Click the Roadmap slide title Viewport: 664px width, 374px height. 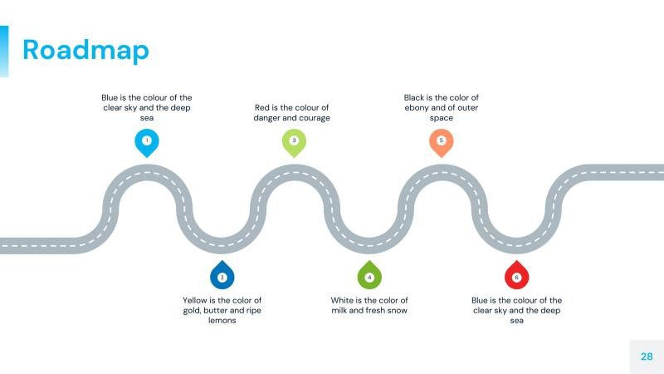pyautogui.click(x=85, y=50)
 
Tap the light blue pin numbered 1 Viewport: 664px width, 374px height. pyautogui.click(x=147, y=141)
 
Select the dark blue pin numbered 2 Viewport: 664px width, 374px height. pyautogui.click(x=222, y=276)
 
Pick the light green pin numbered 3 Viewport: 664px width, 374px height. pyautogui.click(x=294, y=141)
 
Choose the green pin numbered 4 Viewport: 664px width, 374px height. pyautogui.click(x=369, y=276)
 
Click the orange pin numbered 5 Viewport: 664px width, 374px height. pyautogui.click(x=441, y=141)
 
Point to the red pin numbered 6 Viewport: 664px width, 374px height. pyautogui.click(x=516, y=276)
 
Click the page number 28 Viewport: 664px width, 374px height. pyautogui.click(x=647, y=357)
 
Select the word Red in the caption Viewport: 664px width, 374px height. pyautogui.click(x=262, y=107)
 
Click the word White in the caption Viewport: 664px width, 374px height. pyautogui.click(x=344, y=300)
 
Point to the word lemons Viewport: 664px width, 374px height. pyautogui.click(x=222, y=320)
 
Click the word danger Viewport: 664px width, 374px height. pyautogui.click(x=266, y=117)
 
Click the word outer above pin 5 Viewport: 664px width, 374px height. pyautogui.click(x=465, y=107)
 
